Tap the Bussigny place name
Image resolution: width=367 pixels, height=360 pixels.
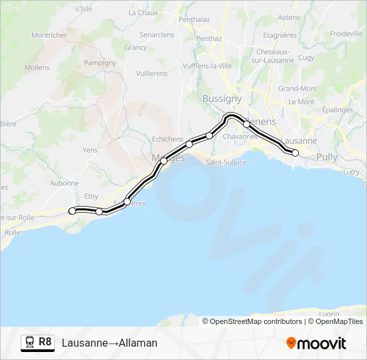(x=222, y=99)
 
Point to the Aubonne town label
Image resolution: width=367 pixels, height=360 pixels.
(x=64, y=183)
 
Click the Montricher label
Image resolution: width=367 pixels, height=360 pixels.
(x=49, y=35)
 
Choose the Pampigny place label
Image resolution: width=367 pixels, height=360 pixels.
(x=101, y=63)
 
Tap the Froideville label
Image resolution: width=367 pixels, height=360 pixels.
(x=346, y=33)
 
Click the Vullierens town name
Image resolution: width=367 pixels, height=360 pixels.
(x=152, y=74)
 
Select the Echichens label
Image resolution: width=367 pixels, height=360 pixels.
(x=167, y=139)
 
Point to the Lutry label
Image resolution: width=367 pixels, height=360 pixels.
(x=351, y=172)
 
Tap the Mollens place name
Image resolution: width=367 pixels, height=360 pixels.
(x=37, y=67)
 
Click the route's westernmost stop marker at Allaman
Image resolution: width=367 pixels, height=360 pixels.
(x=72, y=211)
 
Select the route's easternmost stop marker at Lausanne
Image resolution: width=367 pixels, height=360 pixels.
(x=296, y=153)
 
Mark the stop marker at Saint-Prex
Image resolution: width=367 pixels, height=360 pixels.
(x=127, y=201)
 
